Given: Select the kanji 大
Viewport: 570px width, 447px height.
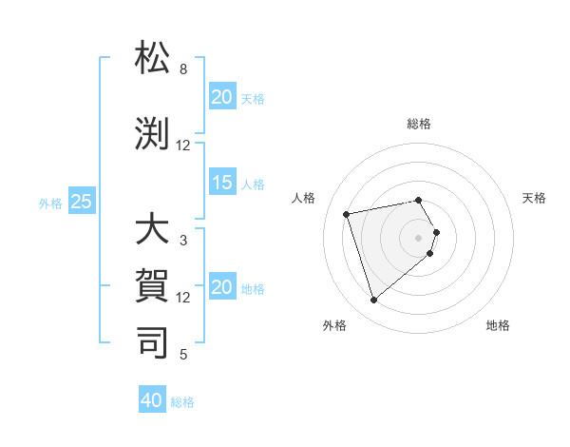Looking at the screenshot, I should (x=153, y=231).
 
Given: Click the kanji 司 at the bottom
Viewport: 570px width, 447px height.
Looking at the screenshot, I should (x=153, y=341).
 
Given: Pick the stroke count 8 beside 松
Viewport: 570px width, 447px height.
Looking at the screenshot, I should (x=183, y=69).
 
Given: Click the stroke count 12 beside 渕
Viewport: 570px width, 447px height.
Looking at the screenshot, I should (x=183, y=146).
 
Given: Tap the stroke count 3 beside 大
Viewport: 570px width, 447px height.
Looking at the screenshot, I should (x=183, y=241).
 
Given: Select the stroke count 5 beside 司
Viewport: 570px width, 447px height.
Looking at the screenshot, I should (x=183, y=355).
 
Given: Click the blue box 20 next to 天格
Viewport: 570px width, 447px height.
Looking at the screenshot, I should (x=222, y=97).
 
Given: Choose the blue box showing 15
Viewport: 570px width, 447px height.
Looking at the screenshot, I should (x=222, y=183).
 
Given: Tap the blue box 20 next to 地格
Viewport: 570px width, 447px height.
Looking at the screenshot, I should (x=222, y=288).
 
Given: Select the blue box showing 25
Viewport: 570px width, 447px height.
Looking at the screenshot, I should (x=82, y=202).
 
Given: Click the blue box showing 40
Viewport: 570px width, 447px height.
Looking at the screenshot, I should (x=152, y=400).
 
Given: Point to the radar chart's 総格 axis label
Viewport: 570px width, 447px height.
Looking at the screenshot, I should (x=418, y=125).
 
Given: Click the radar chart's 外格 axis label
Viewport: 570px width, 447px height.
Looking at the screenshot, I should (x=334, y=326).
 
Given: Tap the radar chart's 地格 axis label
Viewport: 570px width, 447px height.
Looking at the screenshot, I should (x=498, y=326).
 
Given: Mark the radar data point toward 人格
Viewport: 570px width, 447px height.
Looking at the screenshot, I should (x=347, y=213).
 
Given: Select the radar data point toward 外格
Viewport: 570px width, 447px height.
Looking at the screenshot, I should (x=373, y=300).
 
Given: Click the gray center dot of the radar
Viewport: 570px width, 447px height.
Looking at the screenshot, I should (x=418, y=237).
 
